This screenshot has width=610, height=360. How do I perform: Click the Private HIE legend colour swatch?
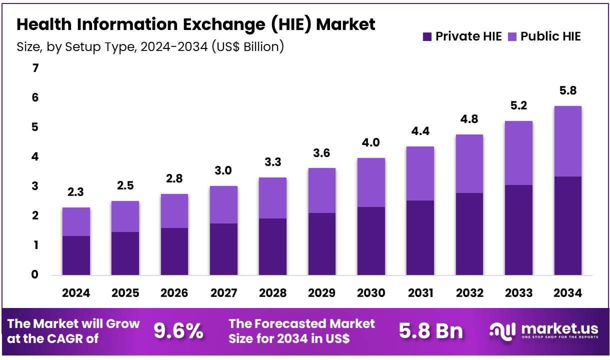[427, 36]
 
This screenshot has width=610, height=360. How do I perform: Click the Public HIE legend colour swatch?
[512, 36]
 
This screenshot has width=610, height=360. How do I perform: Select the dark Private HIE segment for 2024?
[76, 255]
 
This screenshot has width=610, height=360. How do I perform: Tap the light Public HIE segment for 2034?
[567, 141]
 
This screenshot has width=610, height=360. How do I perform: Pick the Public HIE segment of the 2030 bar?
[371, 182]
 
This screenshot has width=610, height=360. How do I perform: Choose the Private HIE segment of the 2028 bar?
[272, 246]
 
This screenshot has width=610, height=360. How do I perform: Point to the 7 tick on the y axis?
[35, 68]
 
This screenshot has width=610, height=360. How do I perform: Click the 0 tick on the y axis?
[35, 274]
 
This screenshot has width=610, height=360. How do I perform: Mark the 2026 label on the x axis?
[174, 293]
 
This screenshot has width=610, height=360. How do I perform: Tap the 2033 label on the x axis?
[518, 293]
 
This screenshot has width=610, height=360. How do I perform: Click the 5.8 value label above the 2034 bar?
[567, 91]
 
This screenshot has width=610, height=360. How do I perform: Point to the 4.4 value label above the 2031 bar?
[420, 131]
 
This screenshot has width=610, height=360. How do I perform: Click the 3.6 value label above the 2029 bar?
[321, 153]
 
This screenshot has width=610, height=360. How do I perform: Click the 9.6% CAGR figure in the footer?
[178, 331]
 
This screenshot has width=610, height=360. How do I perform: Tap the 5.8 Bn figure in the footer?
[431, 331]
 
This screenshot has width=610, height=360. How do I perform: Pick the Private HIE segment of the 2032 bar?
[469, 233]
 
